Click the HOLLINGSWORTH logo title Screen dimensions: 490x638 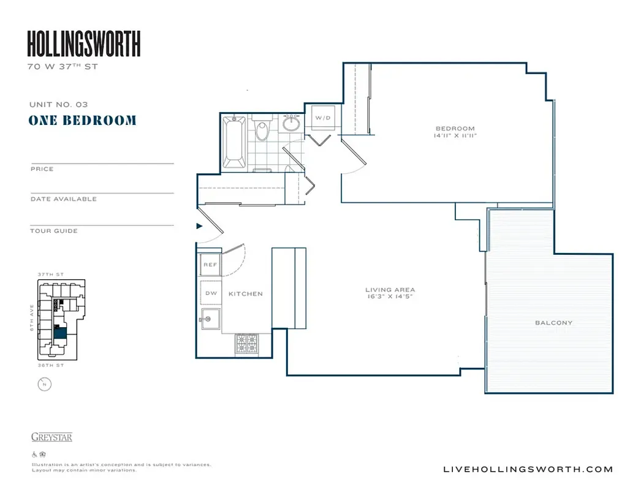pos(84,43)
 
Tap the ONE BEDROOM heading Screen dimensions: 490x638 pos(82,120)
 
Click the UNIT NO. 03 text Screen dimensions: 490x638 pos(58,105)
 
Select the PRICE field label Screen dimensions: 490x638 pos(42,169)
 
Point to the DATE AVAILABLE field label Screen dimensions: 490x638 pos(63,199)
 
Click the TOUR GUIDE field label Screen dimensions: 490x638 pos(54,231)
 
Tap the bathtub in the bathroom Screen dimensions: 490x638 pos(234,141)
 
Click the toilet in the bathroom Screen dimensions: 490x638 pos(262,130)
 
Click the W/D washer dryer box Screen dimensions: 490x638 pos(322,118)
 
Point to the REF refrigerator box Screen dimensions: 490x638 pos(210,265)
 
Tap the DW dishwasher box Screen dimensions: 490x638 pos(211,293)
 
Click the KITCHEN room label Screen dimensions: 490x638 pos(245,294)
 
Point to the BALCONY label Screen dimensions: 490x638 pos(553,323)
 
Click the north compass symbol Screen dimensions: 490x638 pos(44,384)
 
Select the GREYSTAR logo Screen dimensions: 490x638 pos(51,437)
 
